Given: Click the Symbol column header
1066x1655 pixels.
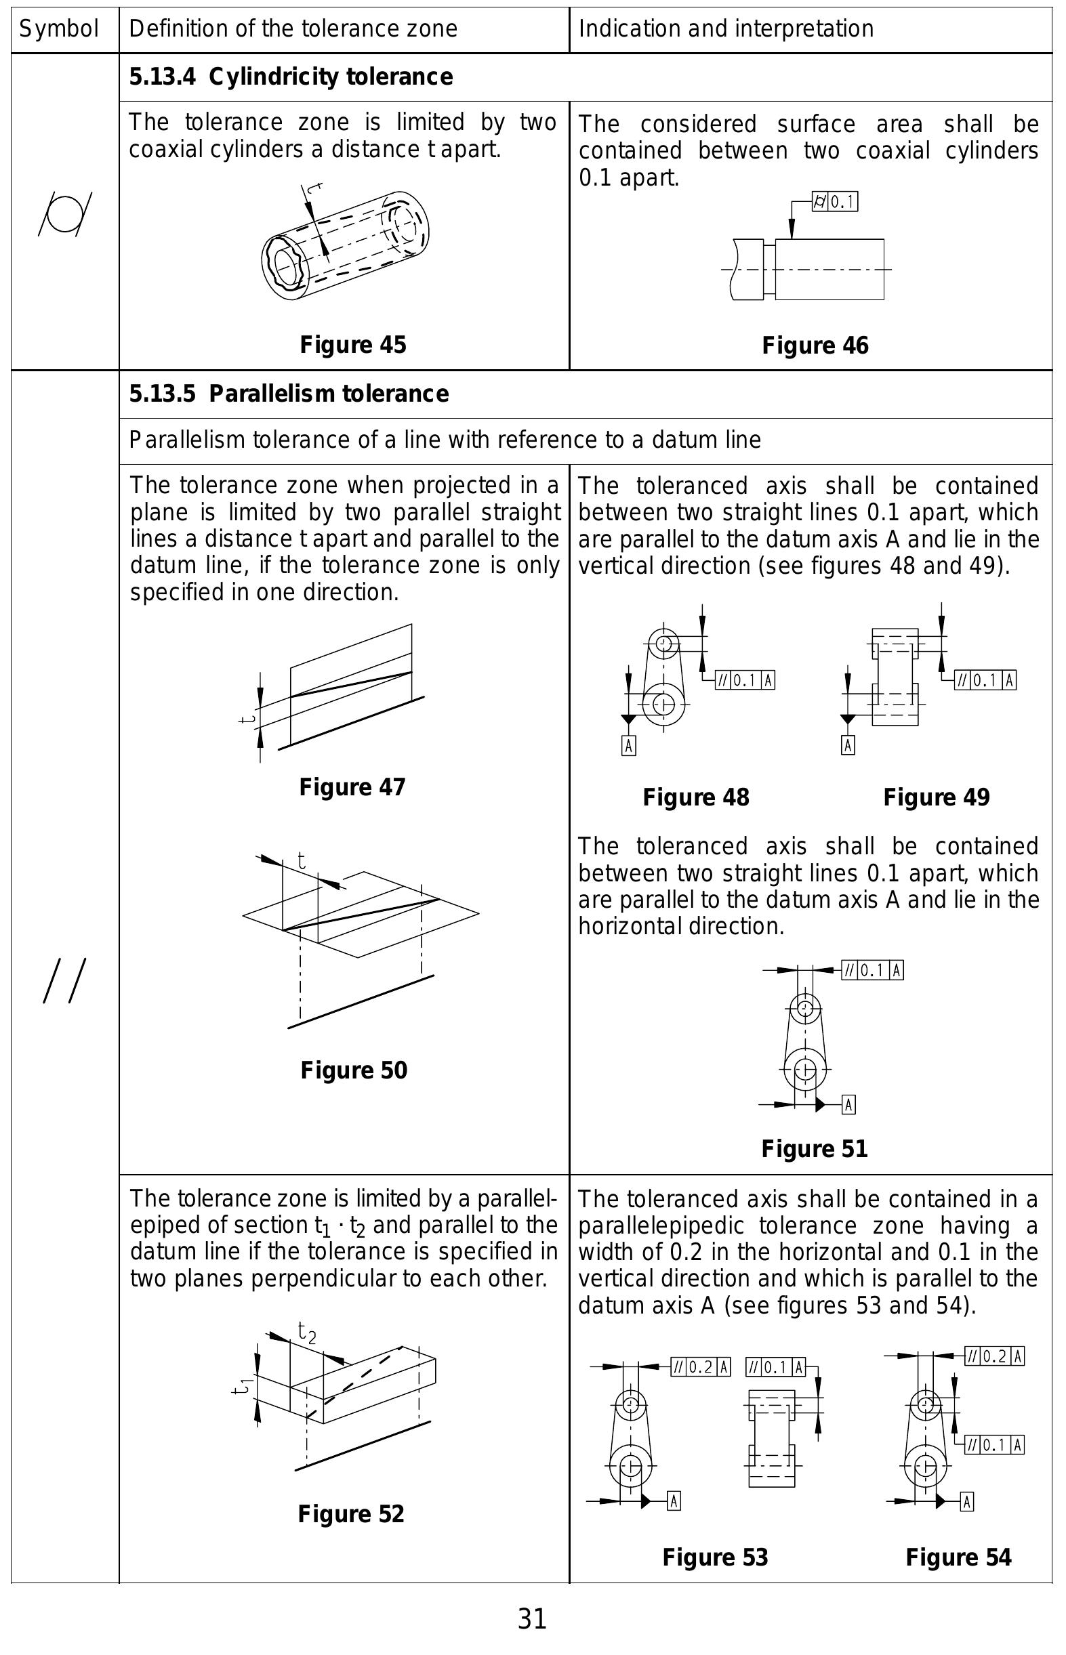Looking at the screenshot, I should (x=59, y=29).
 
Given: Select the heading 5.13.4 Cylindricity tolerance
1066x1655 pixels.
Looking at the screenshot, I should (x=291, y=77).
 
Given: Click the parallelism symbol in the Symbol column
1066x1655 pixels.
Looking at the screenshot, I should (x=64, y=981).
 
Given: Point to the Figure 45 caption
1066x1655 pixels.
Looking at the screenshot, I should (x=352, y=345).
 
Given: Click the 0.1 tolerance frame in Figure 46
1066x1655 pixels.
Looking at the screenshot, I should (x=835, y=202).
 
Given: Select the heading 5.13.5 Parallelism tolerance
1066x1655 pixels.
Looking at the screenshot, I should (x=289, y=394).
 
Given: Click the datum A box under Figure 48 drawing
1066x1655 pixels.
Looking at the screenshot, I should (x=628, y=745).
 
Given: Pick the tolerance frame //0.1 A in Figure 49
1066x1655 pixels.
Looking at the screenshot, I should (x=985, y=680).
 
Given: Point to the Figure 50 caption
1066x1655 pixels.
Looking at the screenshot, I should (x=354, y=1070).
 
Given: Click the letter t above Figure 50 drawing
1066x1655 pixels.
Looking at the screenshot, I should (x=302, y=861).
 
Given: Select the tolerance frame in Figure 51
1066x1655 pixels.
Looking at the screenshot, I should (x=872, y=970).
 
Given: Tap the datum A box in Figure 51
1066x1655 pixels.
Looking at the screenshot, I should (x=849, y=1105).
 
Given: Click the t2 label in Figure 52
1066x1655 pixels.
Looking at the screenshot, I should (x=306, y=1332).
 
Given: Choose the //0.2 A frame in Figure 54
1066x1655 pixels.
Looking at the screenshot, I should (x=995, y=1356).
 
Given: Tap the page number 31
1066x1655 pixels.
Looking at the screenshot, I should (x=532, y=1620).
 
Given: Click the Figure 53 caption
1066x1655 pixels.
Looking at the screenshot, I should (x=715, y=1557).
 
